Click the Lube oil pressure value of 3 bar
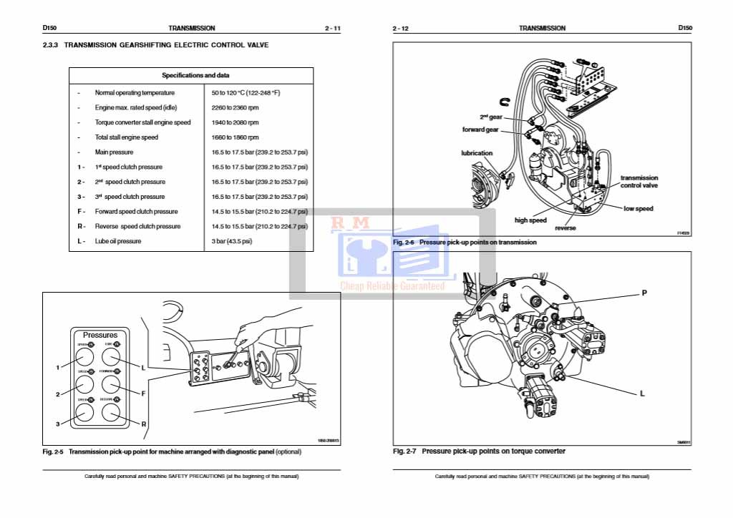[232, 241]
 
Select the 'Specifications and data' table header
[191, 75]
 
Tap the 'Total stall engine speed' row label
[127, 137]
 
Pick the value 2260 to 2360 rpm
[235, 107]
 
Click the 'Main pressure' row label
[114, 152]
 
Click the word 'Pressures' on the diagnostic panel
[100, 335]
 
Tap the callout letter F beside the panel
[143, 394]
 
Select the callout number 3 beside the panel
[58, 424]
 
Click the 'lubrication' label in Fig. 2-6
[477, 153]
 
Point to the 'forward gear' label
[480, 130]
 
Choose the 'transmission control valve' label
[639, 182]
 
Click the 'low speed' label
[639, 209]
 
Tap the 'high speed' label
[530, 220]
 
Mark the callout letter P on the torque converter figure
[644, 293]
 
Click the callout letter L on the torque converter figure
[643, 394]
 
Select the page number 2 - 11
[332, 29]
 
